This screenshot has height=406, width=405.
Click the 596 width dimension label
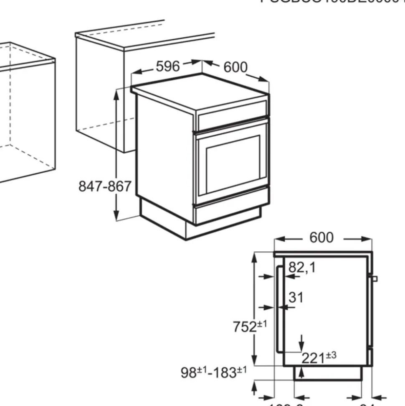pos(167,66)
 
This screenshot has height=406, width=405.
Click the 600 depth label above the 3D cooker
pos(235,67)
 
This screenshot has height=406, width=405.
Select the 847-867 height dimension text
pos(105,186)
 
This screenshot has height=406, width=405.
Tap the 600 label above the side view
pos(321,237)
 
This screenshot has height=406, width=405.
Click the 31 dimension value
pos(296,298)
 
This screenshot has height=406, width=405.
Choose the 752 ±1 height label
pos(250,326)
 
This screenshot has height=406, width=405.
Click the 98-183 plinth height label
pos(214,372)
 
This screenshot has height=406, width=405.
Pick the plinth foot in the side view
pos(327,373)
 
